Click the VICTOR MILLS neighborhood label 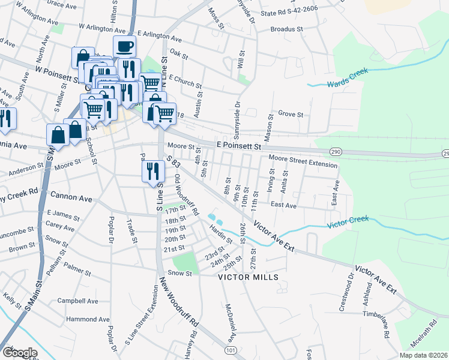[x=248, y=277]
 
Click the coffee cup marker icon [x=124, y=46]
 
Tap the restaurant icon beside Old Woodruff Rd [x=153, y=170]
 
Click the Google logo [x=20, y=352]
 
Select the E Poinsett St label [x=239, y=146]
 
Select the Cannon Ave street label [x=71, y=197]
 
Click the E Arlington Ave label [x=161, y=35]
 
